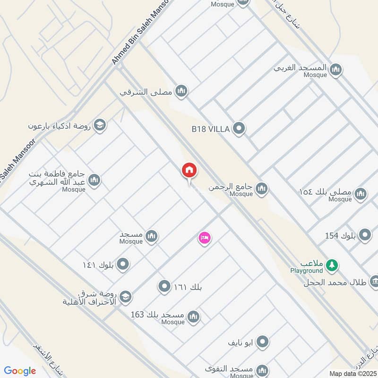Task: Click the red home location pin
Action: [x=189, y=170]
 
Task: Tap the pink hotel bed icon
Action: [x=204, y=237]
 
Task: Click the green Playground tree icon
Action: [x=333, y=266]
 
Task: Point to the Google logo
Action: [x=20, y=371]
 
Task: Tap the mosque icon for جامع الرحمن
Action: [x=261, y=189]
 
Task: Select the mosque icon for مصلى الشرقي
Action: [x=181, y=91]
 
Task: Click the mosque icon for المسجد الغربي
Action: [x=335, y=69]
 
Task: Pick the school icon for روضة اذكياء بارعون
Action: [x=100, y=125]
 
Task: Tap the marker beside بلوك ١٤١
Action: [x=123, y=264]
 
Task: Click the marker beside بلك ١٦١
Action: [x=164, y=286]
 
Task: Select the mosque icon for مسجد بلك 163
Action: [x=193, y=317]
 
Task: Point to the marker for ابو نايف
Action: [x=263, y=341]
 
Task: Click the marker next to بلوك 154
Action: [x=365, y=234]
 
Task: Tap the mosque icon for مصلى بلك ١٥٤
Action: [x=361, y=194]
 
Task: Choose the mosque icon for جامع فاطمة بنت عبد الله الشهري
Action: [x=94, y=180]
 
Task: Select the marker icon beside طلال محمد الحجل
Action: [x=374, y=282]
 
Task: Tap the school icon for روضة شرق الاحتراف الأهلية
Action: [x=125, y=297]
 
